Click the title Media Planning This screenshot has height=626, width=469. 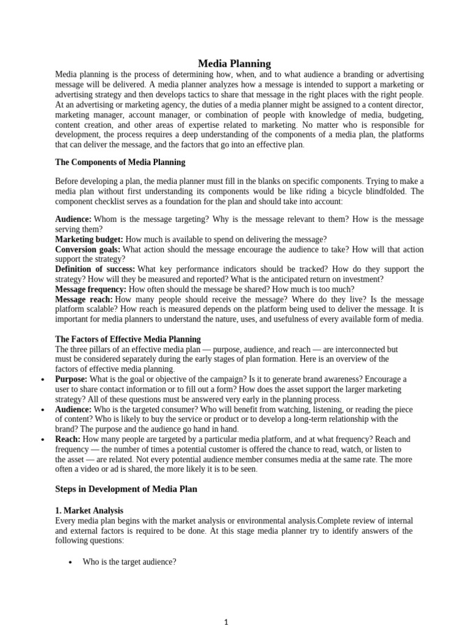pyautogui.click(x=234, y=64)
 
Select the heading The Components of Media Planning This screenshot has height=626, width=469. pyautogui.click(x=120, y=163)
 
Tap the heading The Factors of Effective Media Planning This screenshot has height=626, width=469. pyautogui.click(x=128, y=339)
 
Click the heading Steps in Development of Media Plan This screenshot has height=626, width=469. pyautogui.click(x=126, y=489)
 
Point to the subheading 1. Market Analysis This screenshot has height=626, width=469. pyautogui.click(x=89, y=510)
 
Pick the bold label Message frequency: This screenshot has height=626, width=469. pyautogui.click(x=91, y=289)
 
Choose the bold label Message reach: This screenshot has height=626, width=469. pyautogui.click(x=84, y=299)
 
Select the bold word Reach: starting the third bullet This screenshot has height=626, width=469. pyautogui.click(x=68, y=439)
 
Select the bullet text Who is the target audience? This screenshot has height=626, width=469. pyautogui.click(x=129, y=561)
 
